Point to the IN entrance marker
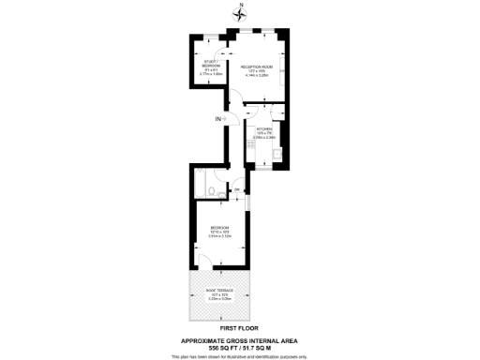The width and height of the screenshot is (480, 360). (217, 118)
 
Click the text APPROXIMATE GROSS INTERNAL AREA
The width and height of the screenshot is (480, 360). (240, 339)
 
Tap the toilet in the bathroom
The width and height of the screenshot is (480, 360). (216, 192)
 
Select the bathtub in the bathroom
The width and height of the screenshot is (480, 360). (201, 185)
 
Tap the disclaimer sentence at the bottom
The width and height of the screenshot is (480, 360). (240, 356)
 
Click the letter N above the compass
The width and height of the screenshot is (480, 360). (240, 5)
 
